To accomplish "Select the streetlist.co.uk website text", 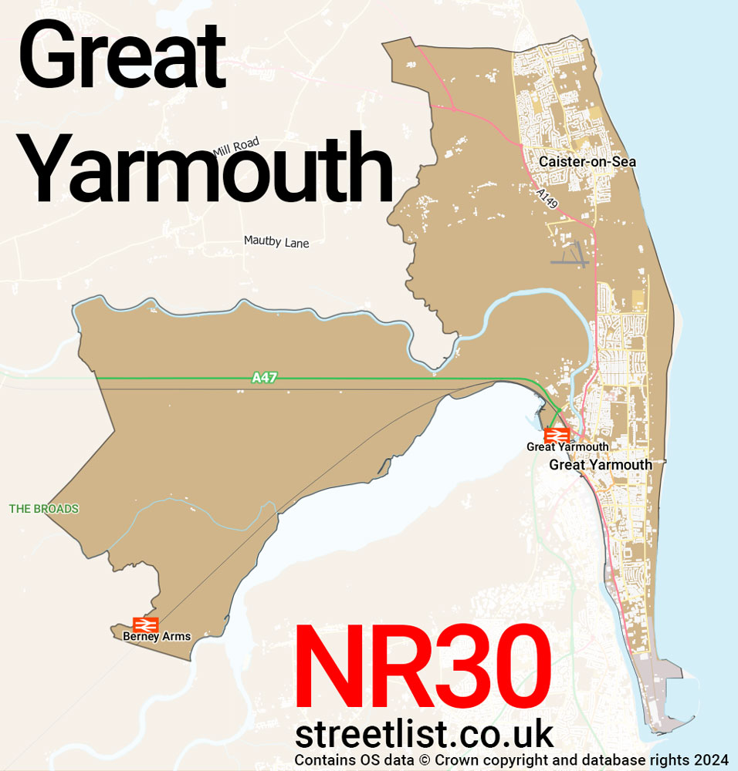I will [x=425, y=735].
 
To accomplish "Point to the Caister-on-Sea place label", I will [x=587, y=162].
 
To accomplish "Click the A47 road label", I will [x=264, y=378].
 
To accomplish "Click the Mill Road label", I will [x=236, y=146].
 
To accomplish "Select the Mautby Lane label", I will [x=276, y=242].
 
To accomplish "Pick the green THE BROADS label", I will [x=44, y=509].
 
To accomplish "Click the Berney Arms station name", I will [x=157, y=637].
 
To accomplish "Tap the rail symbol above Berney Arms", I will [x=145, y=624].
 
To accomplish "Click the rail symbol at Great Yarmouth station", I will [x=557, y=436].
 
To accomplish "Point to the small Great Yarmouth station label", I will [x=567, y=447].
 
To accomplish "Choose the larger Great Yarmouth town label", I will [x=601, y=465].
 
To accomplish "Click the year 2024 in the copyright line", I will [x=713, y=760].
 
